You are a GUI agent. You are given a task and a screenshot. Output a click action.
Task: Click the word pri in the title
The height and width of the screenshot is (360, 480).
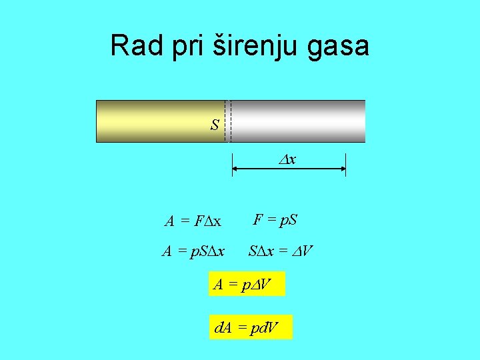click(185, 46)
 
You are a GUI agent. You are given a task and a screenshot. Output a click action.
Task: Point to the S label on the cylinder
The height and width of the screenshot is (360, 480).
click(215, 125)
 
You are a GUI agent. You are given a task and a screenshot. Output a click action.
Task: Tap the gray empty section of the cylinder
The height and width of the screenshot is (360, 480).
click(300, 121)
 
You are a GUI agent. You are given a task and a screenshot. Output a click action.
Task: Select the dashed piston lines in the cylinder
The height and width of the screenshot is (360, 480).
click(228, 121)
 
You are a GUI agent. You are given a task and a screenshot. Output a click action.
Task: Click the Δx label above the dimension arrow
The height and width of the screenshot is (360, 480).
click(287, 160)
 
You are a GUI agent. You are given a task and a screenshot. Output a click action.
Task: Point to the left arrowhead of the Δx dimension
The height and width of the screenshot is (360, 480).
click(235, 169)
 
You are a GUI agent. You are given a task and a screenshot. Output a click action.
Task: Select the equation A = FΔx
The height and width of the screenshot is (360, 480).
click(193, 220)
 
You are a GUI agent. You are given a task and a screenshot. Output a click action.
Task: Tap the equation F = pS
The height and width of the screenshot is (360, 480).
click(275, 219)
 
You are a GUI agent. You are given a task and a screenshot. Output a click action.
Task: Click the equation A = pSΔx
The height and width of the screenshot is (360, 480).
click(193, 251)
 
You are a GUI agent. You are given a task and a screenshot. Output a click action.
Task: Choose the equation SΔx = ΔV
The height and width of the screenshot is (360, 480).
click(280, 251)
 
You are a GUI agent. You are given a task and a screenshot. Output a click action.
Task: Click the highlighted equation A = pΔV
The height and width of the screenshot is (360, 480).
click(246, 284)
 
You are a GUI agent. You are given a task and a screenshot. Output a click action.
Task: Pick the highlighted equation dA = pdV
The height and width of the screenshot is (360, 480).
click(250, 327)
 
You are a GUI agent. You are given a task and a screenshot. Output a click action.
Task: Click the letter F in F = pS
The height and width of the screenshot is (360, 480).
click(257, 219)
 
